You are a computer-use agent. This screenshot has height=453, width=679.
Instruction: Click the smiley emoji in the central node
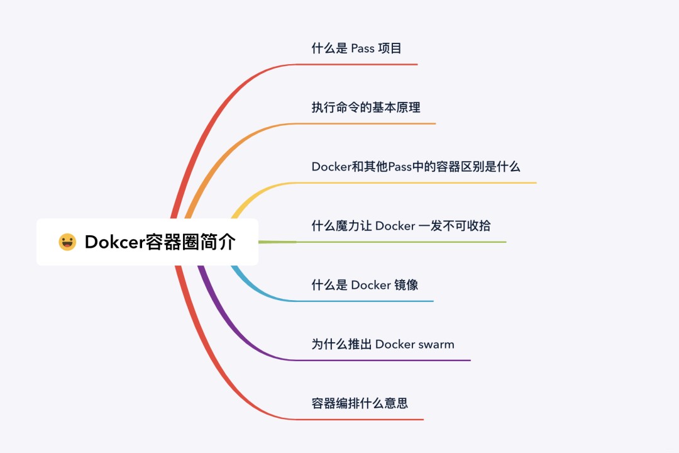pyautogui.click(x=67, y=242)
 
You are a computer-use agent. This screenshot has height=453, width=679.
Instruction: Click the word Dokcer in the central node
pyautogui.click(x=114, y=242)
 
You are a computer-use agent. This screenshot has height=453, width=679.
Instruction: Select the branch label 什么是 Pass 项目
pyautogui.click(x=356, y=48)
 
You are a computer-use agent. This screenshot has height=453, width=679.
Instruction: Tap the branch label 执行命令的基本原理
pyautogui.click(x=366, y=108)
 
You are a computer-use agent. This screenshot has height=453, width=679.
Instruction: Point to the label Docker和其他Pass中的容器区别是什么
pyautogui.click(x=416, y=167)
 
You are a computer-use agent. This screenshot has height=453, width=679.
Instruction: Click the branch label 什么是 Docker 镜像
pyautogui.click(x=365, y=285)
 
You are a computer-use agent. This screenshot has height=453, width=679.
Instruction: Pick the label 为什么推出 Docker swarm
pyautogui.click(x=383, y=344)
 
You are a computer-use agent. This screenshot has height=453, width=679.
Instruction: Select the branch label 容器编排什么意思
pyautogui.click(x=360, y=403)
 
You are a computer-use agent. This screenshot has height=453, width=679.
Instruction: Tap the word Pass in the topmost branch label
pyautogui.click(x=363, y=48)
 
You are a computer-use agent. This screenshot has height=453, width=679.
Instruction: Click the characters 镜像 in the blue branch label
pyautogui.click(x=406, y=285)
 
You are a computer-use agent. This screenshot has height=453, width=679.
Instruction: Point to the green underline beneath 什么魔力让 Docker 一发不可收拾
pyautogui.click(x=402, y=242)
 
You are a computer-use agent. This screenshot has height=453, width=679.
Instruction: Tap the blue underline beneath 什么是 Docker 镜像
pyautogui.click(x=371, y=301)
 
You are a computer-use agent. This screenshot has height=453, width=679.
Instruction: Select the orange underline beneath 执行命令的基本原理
pyautogui.click(x=371, y=124)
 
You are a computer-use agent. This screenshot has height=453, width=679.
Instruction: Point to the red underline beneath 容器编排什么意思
pyautogui.click(x=365, y=420)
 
